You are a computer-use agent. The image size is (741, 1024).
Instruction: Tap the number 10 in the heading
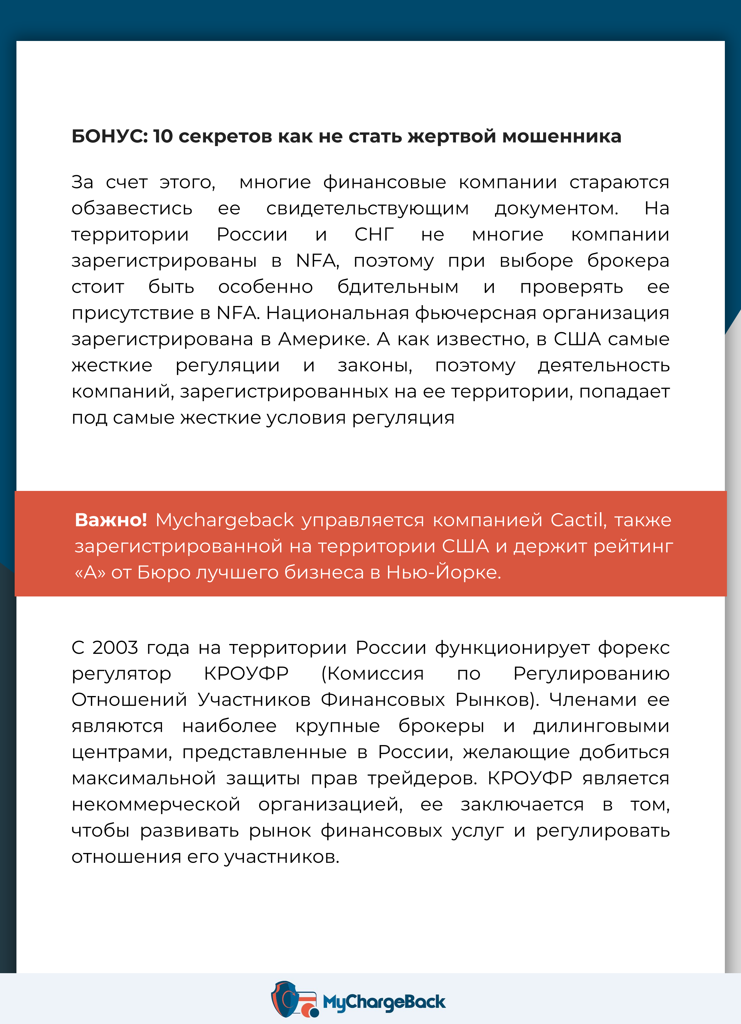163,136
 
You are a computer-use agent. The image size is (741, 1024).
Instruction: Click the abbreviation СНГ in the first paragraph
374,234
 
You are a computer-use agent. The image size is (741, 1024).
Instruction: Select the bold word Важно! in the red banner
111,520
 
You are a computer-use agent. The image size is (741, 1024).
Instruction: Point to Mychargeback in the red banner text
225,520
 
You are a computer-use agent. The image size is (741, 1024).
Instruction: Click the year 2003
115,648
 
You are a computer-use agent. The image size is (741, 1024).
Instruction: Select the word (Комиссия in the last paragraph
372,674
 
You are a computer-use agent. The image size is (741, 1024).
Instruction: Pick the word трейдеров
422,778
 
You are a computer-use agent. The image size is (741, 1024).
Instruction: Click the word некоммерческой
156,805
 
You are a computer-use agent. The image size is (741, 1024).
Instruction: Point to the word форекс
634,648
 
